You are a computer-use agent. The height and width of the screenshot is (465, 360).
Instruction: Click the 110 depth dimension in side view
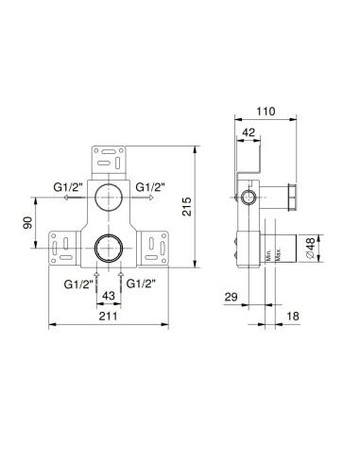pos(266,110)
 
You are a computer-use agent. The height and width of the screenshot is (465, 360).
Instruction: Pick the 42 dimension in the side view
pos(248,133)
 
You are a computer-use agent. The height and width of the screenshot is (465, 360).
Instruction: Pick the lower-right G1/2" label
pos(141,283)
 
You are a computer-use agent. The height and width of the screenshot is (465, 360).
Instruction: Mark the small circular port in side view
pos(250,198)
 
